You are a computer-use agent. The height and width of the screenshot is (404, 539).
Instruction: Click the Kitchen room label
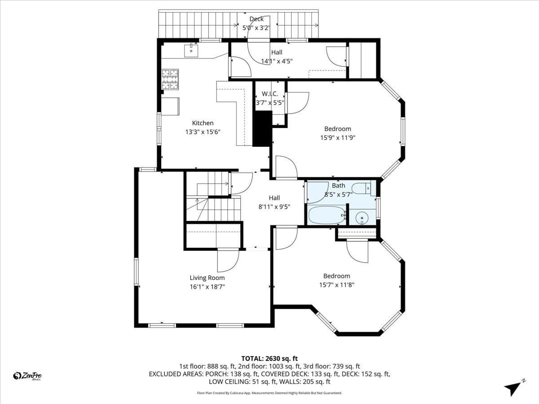tap(203, 123)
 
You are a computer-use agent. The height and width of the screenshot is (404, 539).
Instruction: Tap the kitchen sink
tap(191, 51)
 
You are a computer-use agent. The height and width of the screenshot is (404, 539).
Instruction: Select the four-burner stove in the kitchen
tap(170, 79)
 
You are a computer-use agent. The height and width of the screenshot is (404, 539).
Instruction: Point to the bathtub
tap(327, 215)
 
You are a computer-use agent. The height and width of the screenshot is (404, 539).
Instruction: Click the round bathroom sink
tap(362, 218)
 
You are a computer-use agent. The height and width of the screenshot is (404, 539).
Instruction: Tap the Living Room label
tap(207, 278)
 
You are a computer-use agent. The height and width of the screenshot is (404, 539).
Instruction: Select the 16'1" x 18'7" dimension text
tap(207, 286)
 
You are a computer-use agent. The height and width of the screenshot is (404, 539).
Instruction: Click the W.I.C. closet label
tap(269, 94)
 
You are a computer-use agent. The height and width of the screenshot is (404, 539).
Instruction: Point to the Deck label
tap(256, 19)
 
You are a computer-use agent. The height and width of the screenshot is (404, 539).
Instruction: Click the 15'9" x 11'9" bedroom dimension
tap(338, 138)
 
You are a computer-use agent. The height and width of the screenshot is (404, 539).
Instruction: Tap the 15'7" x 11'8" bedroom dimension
tap(337, 285)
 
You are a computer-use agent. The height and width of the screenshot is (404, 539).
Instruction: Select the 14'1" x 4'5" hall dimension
tap(277, 61)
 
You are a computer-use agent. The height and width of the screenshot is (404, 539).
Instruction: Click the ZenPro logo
tap(27, 376)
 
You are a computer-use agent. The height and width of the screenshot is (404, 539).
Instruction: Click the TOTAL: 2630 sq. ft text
tap(269, 359)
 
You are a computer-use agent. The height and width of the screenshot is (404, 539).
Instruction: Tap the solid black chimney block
tap(262, 129)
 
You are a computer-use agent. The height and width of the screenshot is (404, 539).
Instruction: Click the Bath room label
tap(338, 185)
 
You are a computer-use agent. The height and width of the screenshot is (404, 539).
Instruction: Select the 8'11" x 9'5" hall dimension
tap(274, 207)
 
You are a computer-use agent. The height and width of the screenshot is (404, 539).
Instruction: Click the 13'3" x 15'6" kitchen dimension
tap(203, 132)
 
